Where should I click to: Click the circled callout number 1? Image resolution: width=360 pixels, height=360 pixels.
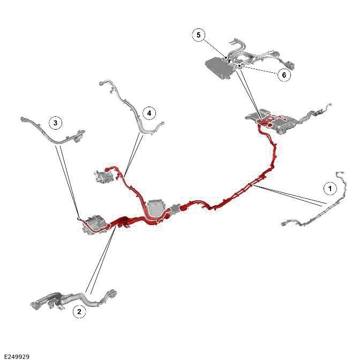(x=330, y=189)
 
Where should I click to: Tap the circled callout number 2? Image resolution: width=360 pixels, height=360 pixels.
(x=79, y=312)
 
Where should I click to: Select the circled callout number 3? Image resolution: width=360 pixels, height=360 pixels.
(x=55, y=123)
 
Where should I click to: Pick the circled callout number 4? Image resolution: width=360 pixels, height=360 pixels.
(x=149, y=113)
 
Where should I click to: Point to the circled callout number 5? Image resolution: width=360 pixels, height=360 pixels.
(x=199, y=35)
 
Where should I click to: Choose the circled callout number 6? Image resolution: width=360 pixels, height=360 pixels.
(x=284, y=75)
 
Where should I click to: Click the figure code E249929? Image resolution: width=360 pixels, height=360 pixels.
(x=17, y=356)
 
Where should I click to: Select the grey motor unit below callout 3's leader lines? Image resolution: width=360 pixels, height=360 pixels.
(x=95, y=223)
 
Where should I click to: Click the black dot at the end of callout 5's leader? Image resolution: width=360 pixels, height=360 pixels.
(x=227, y=58)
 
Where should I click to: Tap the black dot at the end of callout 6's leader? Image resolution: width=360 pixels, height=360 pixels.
(x=239, y=65)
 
